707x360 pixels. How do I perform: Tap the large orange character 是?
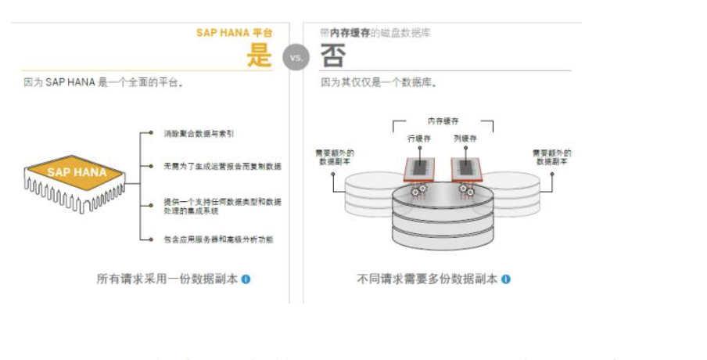(260, 55)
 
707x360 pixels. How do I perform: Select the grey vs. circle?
(296, 57)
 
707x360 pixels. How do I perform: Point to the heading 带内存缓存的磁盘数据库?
(375, 34)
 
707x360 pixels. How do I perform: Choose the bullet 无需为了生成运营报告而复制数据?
(222, 166)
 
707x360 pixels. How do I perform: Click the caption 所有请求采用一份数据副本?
(167, 279)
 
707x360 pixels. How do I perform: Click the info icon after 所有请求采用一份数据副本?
(246, 279)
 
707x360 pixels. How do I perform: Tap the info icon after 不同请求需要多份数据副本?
(506, 279)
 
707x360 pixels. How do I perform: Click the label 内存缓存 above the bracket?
(443, 121)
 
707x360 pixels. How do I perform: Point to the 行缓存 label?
(419, 139)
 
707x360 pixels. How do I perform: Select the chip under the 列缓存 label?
(466, 168)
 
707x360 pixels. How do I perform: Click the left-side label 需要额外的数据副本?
(335, 157)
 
